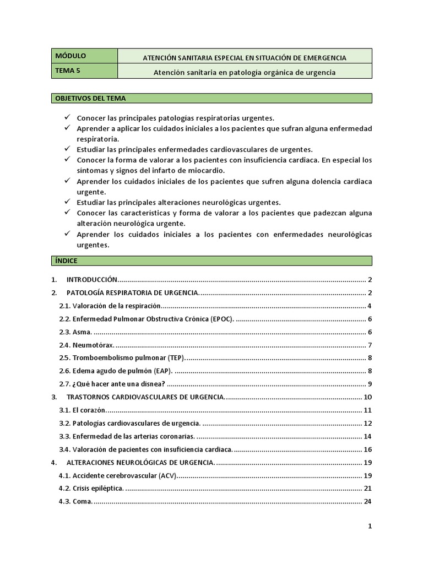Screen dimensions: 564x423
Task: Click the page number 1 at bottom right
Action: tap(370, 527)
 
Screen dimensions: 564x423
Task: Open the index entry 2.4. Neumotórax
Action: tap(86, 345)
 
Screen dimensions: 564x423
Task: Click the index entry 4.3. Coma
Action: tap(76, 501)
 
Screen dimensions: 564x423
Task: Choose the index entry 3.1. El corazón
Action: tap(82, 410)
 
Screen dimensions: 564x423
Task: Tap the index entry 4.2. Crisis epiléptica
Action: tap(91, 489)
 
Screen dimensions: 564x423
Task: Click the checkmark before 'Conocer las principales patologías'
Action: tap(67, 117)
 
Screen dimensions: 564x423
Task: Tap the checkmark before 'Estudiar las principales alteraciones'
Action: tap(67, 202)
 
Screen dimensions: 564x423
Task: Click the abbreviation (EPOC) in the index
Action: tap(221, 319)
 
